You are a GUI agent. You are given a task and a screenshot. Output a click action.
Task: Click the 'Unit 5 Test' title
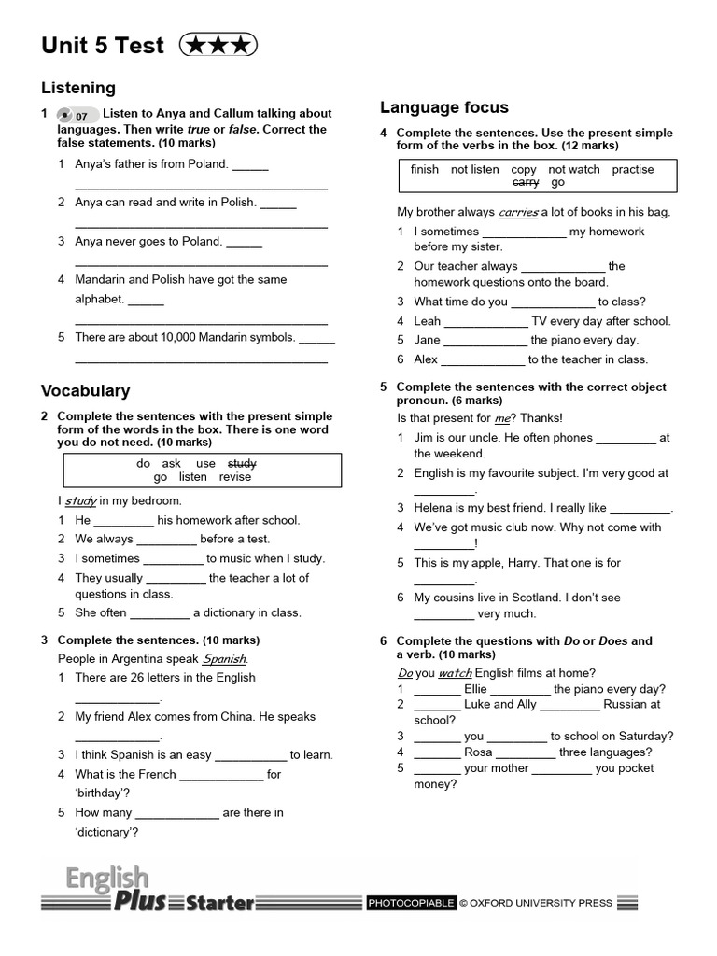103,46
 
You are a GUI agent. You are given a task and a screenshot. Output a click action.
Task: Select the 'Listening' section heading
78,88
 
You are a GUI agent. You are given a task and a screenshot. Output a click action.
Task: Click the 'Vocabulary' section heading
85,391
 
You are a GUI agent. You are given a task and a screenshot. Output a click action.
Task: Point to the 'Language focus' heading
444,107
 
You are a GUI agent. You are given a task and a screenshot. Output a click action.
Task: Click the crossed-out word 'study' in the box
242,463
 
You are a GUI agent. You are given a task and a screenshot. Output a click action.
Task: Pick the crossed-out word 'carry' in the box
526,183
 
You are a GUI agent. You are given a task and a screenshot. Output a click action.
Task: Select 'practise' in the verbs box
633,170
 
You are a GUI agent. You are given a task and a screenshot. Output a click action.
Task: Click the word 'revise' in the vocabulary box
235,477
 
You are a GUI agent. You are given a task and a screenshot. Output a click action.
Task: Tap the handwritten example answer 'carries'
518,212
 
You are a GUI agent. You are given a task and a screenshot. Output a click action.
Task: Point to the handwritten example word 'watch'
455,672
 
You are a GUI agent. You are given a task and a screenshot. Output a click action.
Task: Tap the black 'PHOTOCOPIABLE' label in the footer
411,903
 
